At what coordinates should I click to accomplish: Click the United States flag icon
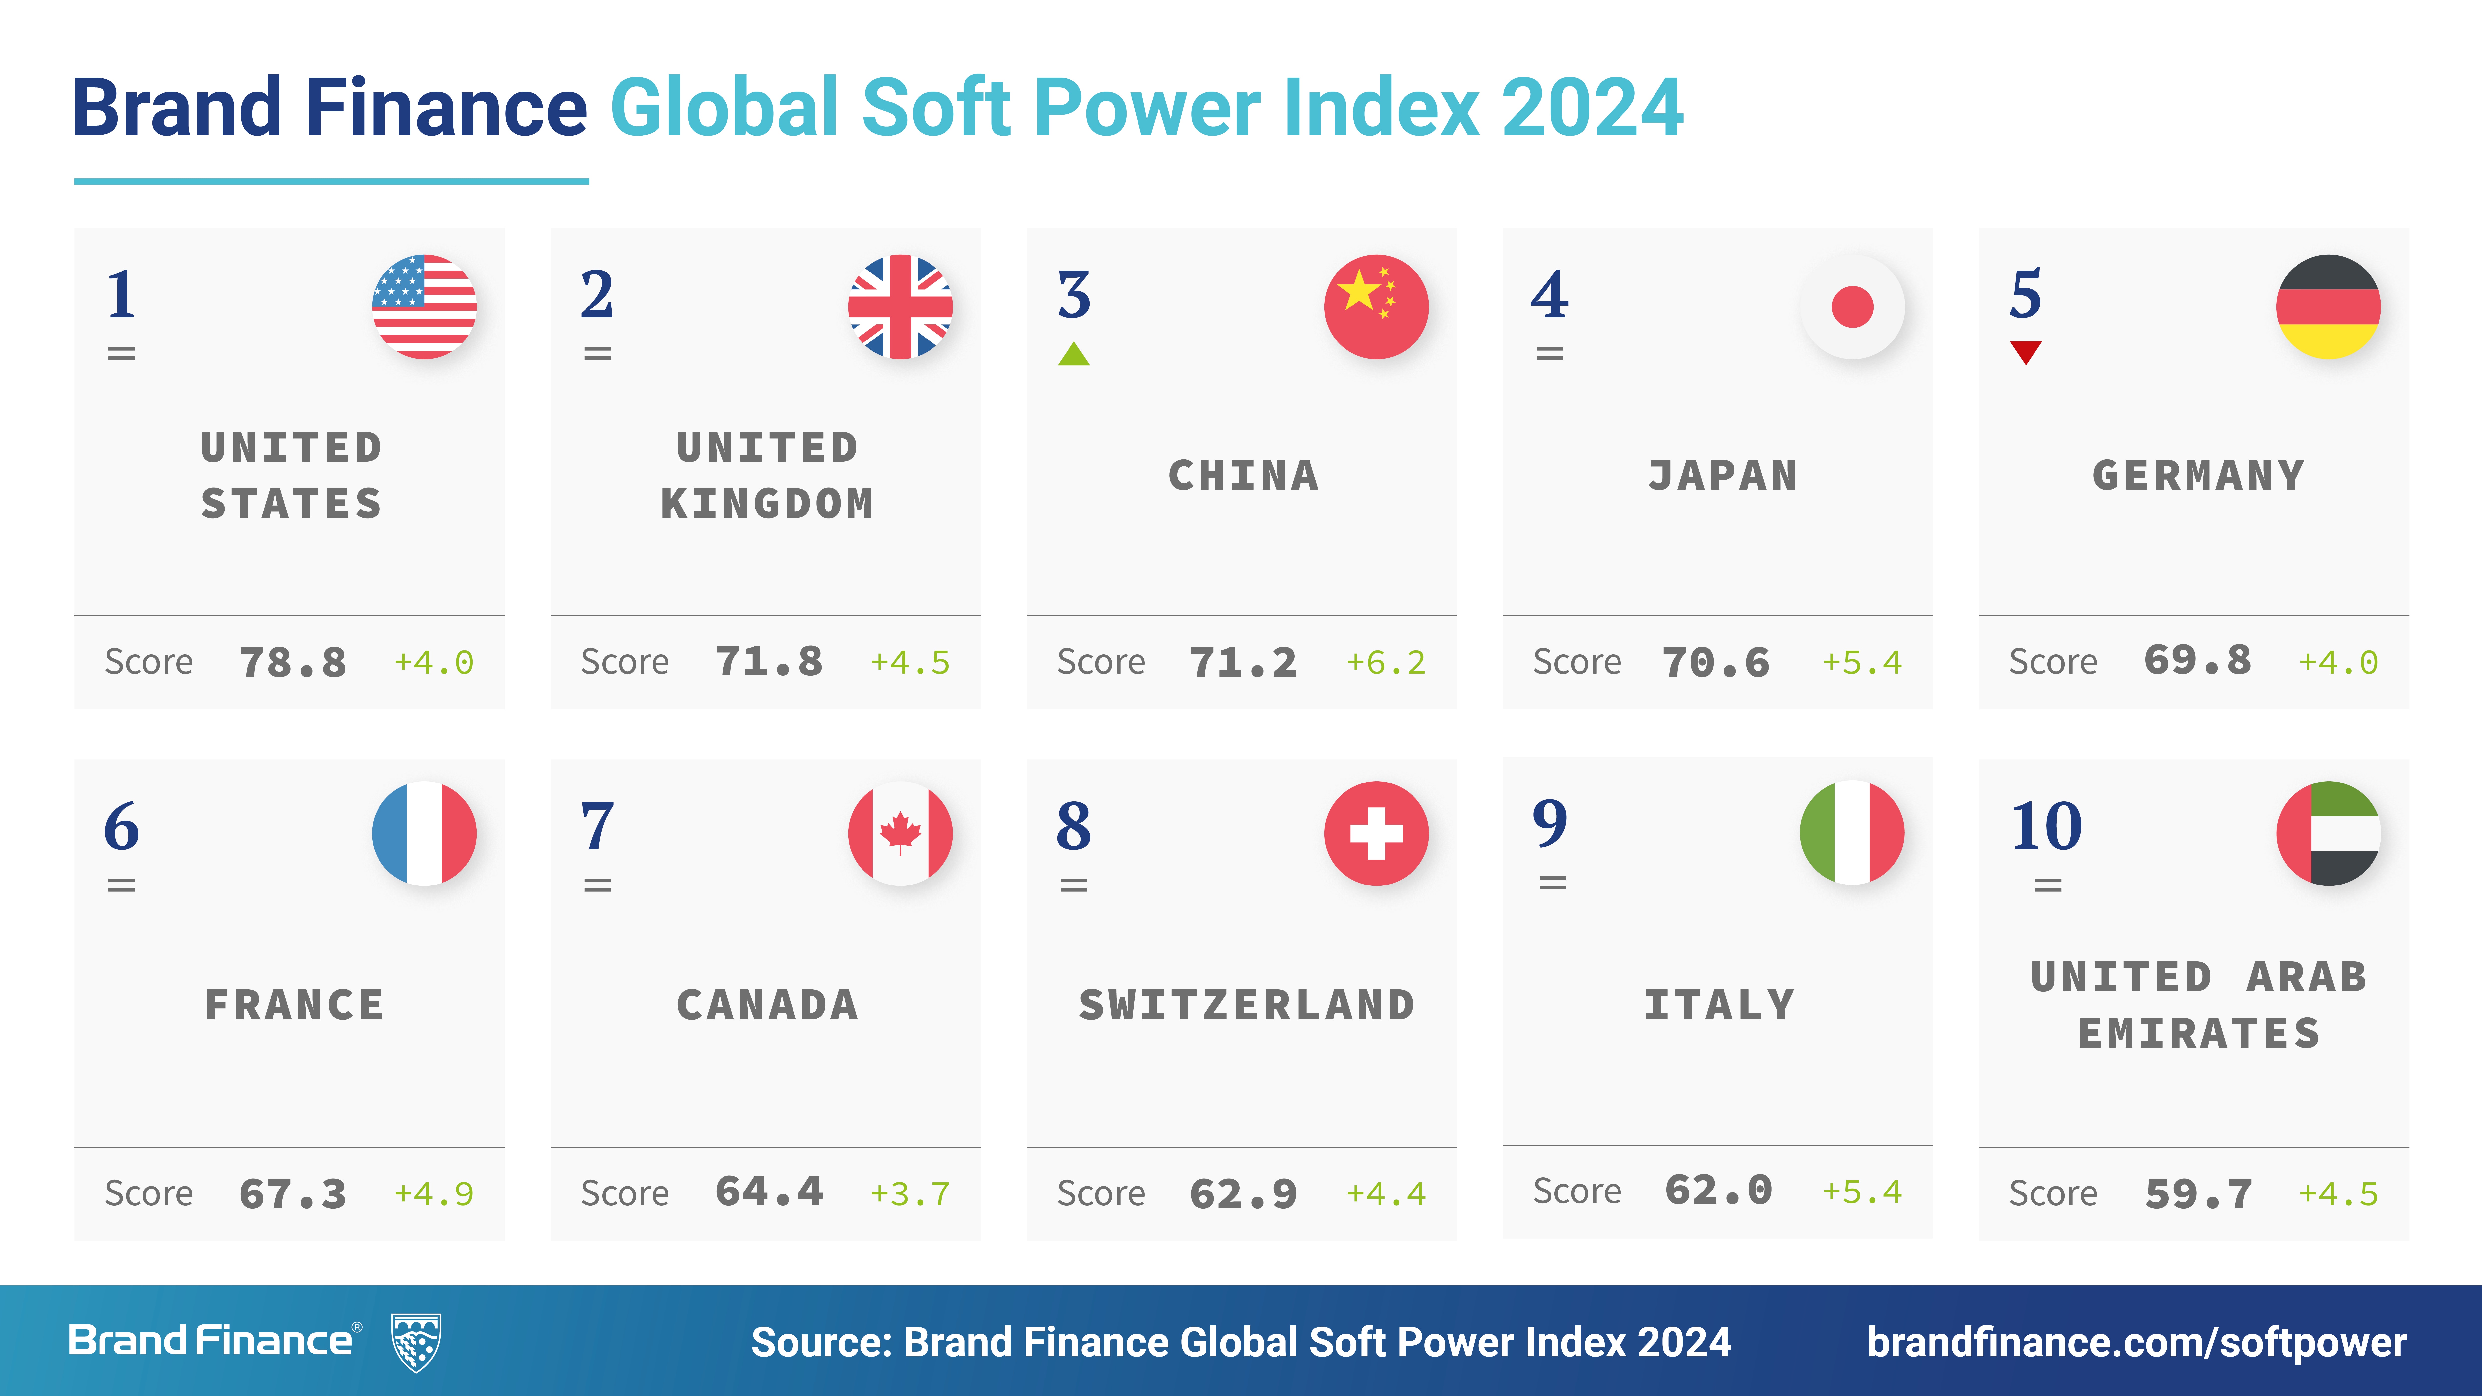(x=424, y=306)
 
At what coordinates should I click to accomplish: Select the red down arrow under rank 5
(x=2025, y=353)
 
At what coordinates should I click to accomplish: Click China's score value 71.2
(x=1243, y=663)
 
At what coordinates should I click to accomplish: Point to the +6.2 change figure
(x=1385, y=663)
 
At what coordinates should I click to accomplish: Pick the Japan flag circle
(x=1852, y=306)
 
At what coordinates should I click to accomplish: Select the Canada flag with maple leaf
(x=900, y=833)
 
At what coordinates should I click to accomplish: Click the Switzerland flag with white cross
(x=1376, y=833)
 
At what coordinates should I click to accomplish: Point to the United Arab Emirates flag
(x=2328, y=833)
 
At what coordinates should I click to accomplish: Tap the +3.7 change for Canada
(x=910, y=1195)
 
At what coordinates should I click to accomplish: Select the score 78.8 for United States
(x=292, y=663)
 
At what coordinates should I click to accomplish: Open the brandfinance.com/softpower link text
(x=2136, y=1342)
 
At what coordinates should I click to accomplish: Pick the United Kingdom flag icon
(x=900, y=306)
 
